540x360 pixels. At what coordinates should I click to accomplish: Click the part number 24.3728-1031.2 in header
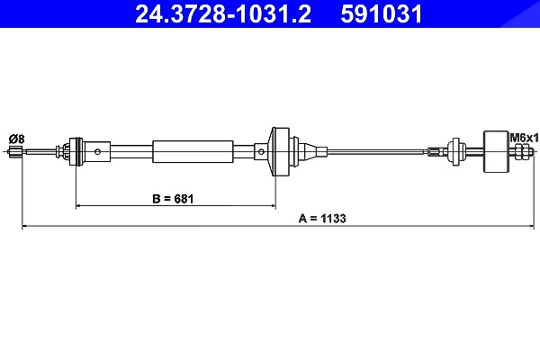click(x=223, y=13)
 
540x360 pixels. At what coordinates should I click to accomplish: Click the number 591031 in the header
click(x=382, y=13)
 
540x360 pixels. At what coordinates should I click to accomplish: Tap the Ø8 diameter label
click(x=16, y=139)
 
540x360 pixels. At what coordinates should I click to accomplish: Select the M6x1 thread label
click(x=524, y=139)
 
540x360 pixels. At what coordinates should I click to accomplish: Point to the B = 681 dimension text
click(x=173, y=199)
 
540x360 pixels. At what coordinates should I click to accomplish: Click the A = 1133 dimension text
click(x=322, y=219)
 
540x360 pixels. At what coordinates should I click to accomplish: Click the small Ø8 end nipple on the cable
click(x=16, y=151)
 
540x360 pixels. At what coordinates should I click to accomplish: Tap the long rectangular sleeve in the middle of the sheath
click(x=193, y=151)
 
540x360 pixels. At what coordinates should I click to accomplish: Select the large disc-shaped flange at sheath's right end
click(x=280, y=151)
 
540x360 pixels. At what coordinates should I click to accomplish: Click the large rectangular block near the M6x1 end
click(x=496, y=151)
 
